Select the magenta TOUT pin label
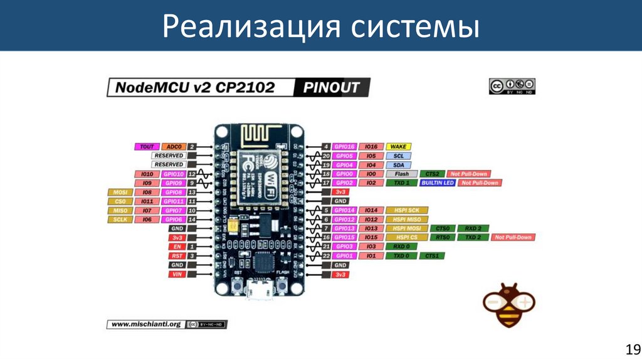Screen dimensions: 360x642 [146, 147]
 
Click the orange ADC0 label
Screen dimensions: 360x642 [173, 147]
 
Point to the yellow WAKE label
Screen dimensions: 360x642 [398, 147]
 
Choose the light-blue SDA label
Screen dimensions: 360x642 [398, 164]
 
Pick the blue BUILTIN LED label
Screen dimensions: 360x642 [437, 183]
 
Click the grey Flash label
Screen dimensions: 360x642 [402, 174]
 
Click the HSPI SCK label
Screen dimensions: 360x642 [406, 210]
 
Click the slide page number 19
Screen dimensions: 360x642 [631, 349]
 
